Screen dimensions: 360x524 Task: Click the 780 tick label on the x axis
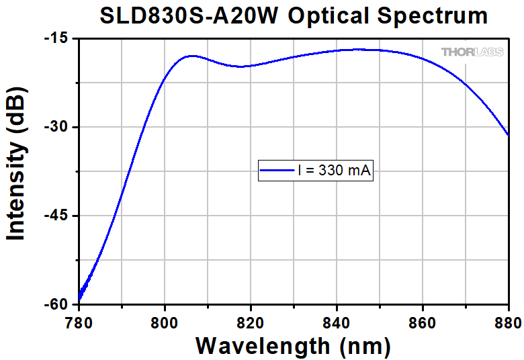[x=79, y=321]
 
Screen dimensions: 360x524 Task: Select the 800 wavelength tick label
[x=165, y=321]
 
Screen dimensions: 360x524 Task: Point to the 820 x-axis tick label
[x=251, y=321]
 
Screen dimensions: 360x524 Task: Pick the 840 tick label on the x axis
[x=337, y=321]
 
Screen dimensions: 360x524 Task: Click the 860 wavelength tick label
[x=423, y=321]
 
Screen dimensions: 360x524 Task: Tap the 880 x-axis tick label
[x=507, y=321]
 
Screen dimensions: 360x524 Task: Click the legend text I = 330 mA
[x=333, y=171]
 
